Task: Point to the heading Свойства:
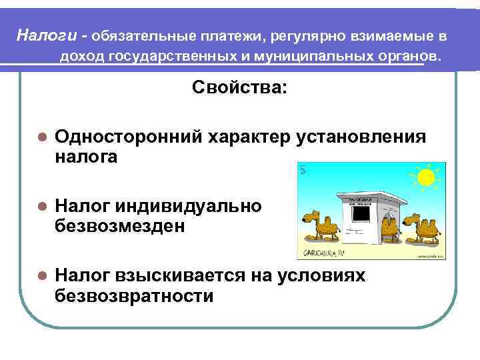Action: (240, 89)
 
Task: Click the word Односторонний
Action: (127, 137)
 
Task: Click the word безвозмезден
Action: (120, 227)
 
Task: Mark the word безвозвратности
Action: (135, 296)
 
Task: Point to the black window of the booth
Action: (361, 213)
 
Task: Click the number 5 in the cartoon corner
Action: (303, 169)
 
